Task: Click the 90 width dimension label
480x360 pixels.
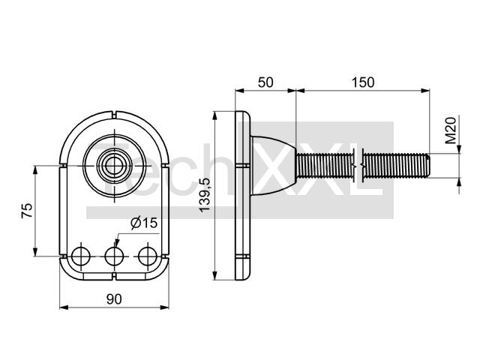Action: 114,299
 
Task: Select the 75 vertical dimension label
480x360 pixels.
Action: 27,211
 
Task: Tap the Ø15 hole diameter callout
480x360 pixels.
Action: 144,223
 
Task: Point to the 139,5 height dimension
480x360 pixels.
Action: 205,195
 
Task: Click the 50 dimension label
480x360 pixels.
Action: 265,82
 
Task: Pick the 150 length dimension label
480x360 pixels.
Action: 363,82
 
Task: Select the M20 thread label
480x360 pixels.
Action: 451,130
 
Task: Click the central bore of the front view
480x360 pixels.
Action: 114,166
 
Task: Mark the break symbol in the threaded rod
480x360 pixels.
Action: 358,166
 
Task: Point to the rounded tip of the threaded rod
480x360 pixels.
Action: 428,166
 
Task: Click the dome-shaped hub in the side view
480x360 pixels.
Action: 273,166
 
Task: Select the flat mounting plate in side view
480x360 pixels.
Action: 243,195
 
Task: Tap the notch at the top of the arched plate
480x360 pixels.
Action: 114,115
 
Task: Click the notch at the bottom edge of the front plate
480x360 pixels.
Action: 114,276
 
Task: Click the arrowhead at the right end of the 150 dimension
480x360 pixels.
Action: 425,90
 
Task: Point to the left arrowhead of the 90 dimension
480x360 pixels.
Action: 64,307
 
